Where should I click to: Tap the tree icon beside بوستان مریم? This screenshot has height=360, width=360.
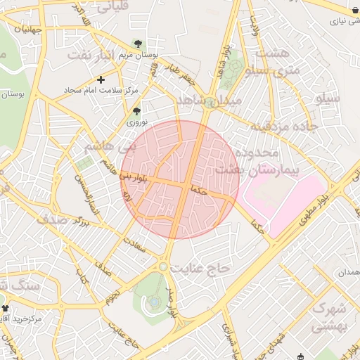tap(137, 44)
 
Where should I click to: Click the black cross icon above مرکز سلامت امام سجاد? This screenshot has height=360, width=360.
tap(101, 79)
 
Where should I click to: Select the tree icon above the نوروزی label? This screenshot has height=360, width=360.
tap(136, 110)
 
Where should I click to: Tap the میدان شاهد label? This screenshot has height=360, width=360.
tap(209, 101)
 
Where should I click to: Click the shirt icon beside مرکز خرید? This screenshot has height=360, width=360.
tap(5, 308)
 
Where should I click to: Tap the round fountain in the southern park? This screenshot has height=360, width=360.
tap(154, 302)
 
